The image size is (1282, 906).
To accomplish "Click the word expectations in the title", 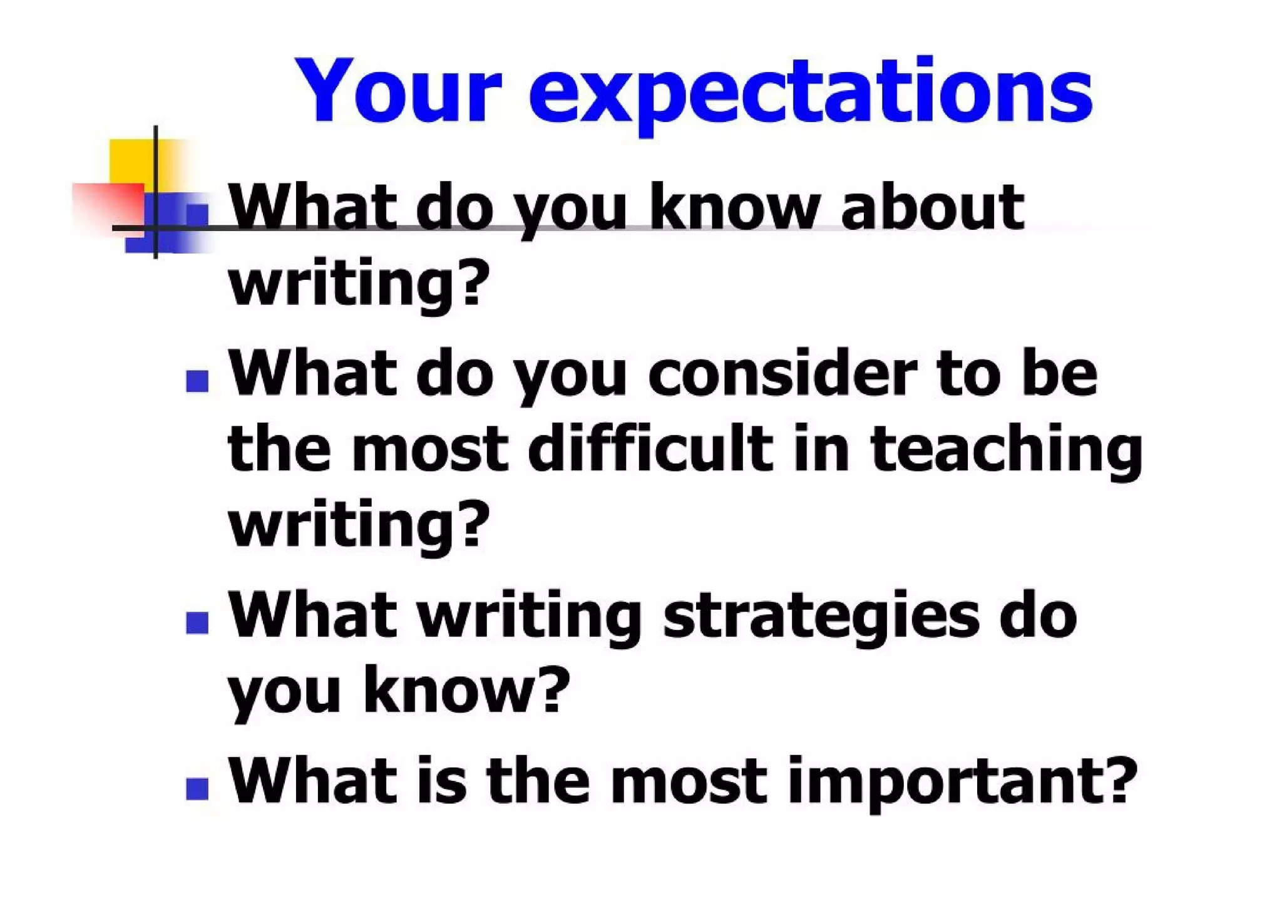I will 811,94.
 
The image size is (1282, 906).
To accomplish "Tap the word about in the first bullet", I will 932,207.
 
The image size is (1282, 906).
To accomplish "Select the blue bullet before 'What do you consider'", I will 197,381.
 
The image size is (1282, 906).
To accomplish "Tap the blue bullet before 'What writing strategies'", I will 197,622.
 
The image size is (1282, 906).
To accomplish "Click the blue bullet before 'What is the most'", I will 197,788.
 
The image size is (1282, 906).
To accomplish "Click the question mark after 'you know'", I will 553,689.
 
